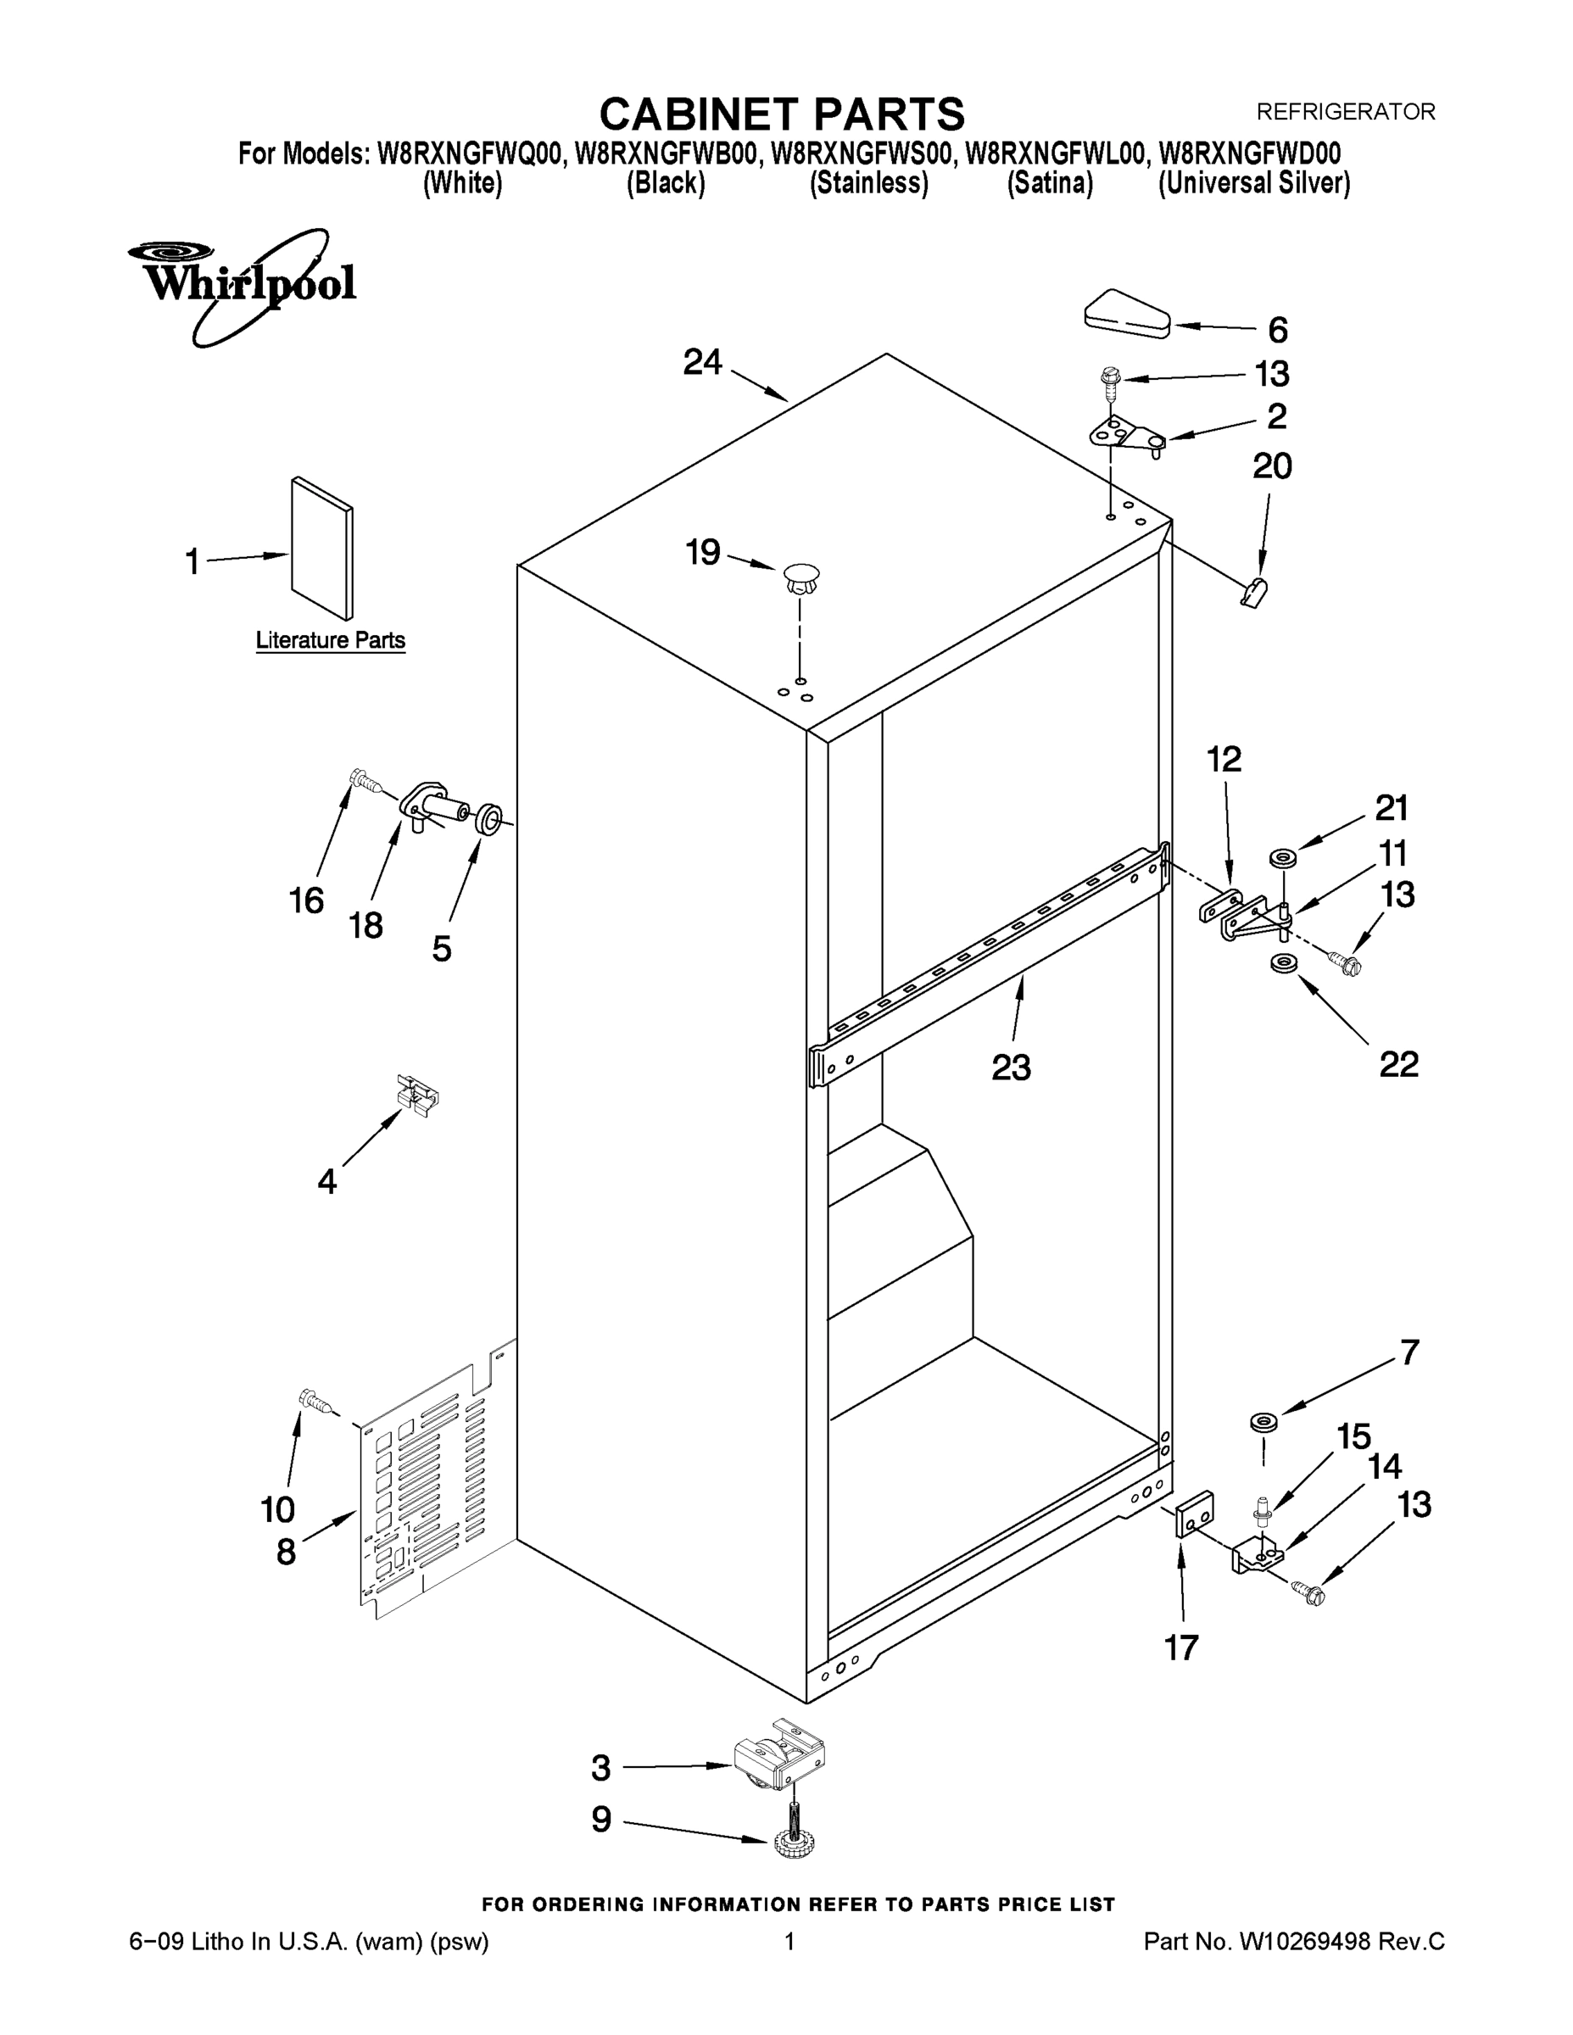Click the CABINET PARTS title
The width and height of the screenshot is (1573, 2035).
pos(781,114)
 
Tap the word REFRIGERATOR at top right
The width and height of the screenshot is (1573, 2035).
pos(1346,112)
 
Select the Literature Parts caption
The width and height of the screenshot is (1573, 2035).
pos(330,640)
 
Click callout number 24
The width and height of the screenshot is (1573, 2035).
pos(703,361)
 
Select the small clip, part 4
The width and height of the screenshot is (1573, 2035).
pos(416,1095)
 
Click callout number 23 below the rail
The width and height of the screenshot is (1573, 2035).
pos(1011,1067)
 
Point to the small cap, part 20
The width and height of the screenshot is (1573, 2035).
pos(1254,592)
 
